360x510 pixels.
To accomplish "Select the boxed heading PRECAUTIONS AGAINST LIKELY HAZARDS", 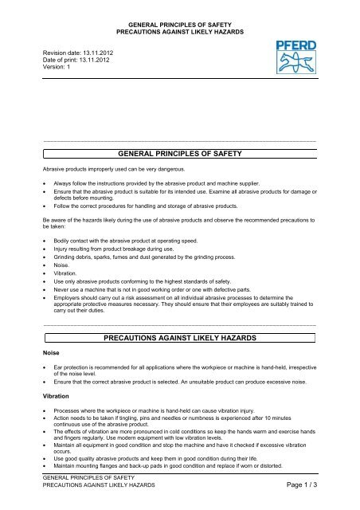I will [x=179, y=339].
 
